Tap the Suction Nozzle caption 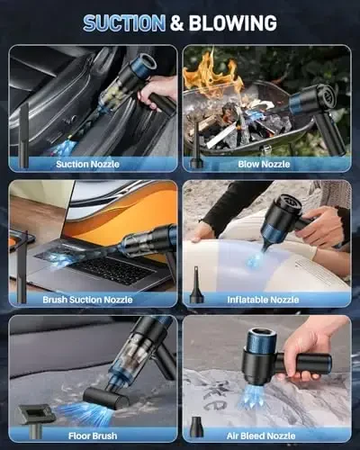(x=90, y=164)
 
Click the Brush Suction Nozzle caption (x=94, y=299)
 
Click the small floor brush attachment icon (x=35, y=415)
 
